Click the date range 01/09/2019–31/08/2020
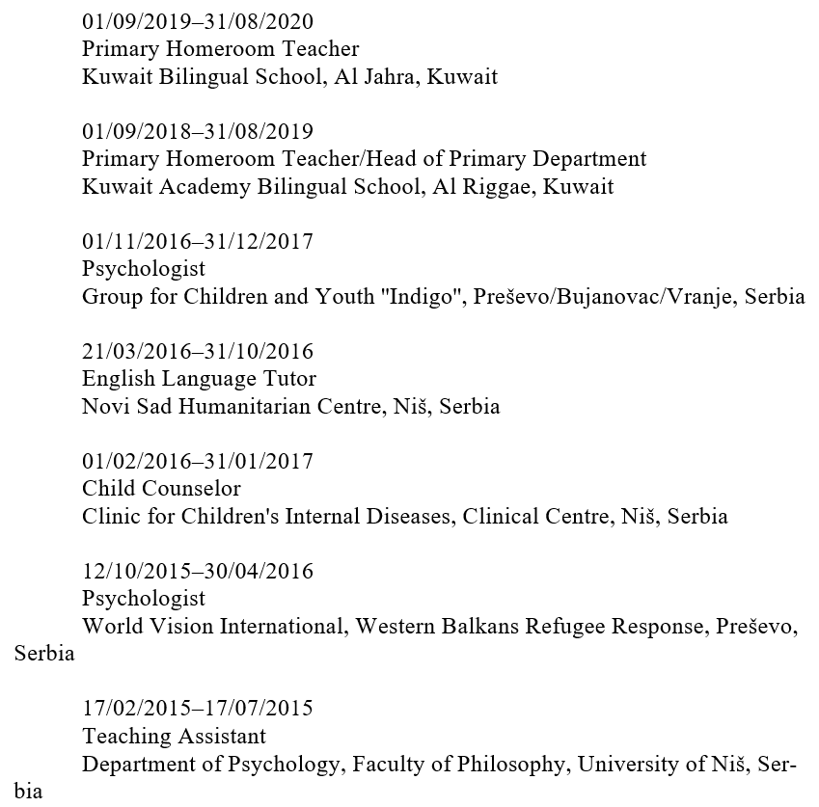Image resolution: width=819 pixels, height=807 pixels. click(198, 21)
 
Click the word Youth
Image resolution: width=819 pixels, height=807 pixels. click(346, 296)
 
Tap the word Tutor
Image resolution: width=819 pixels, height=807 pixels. click(289, 379)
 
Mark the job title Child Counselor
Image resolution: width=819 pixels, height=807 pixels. click(161, 489)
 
